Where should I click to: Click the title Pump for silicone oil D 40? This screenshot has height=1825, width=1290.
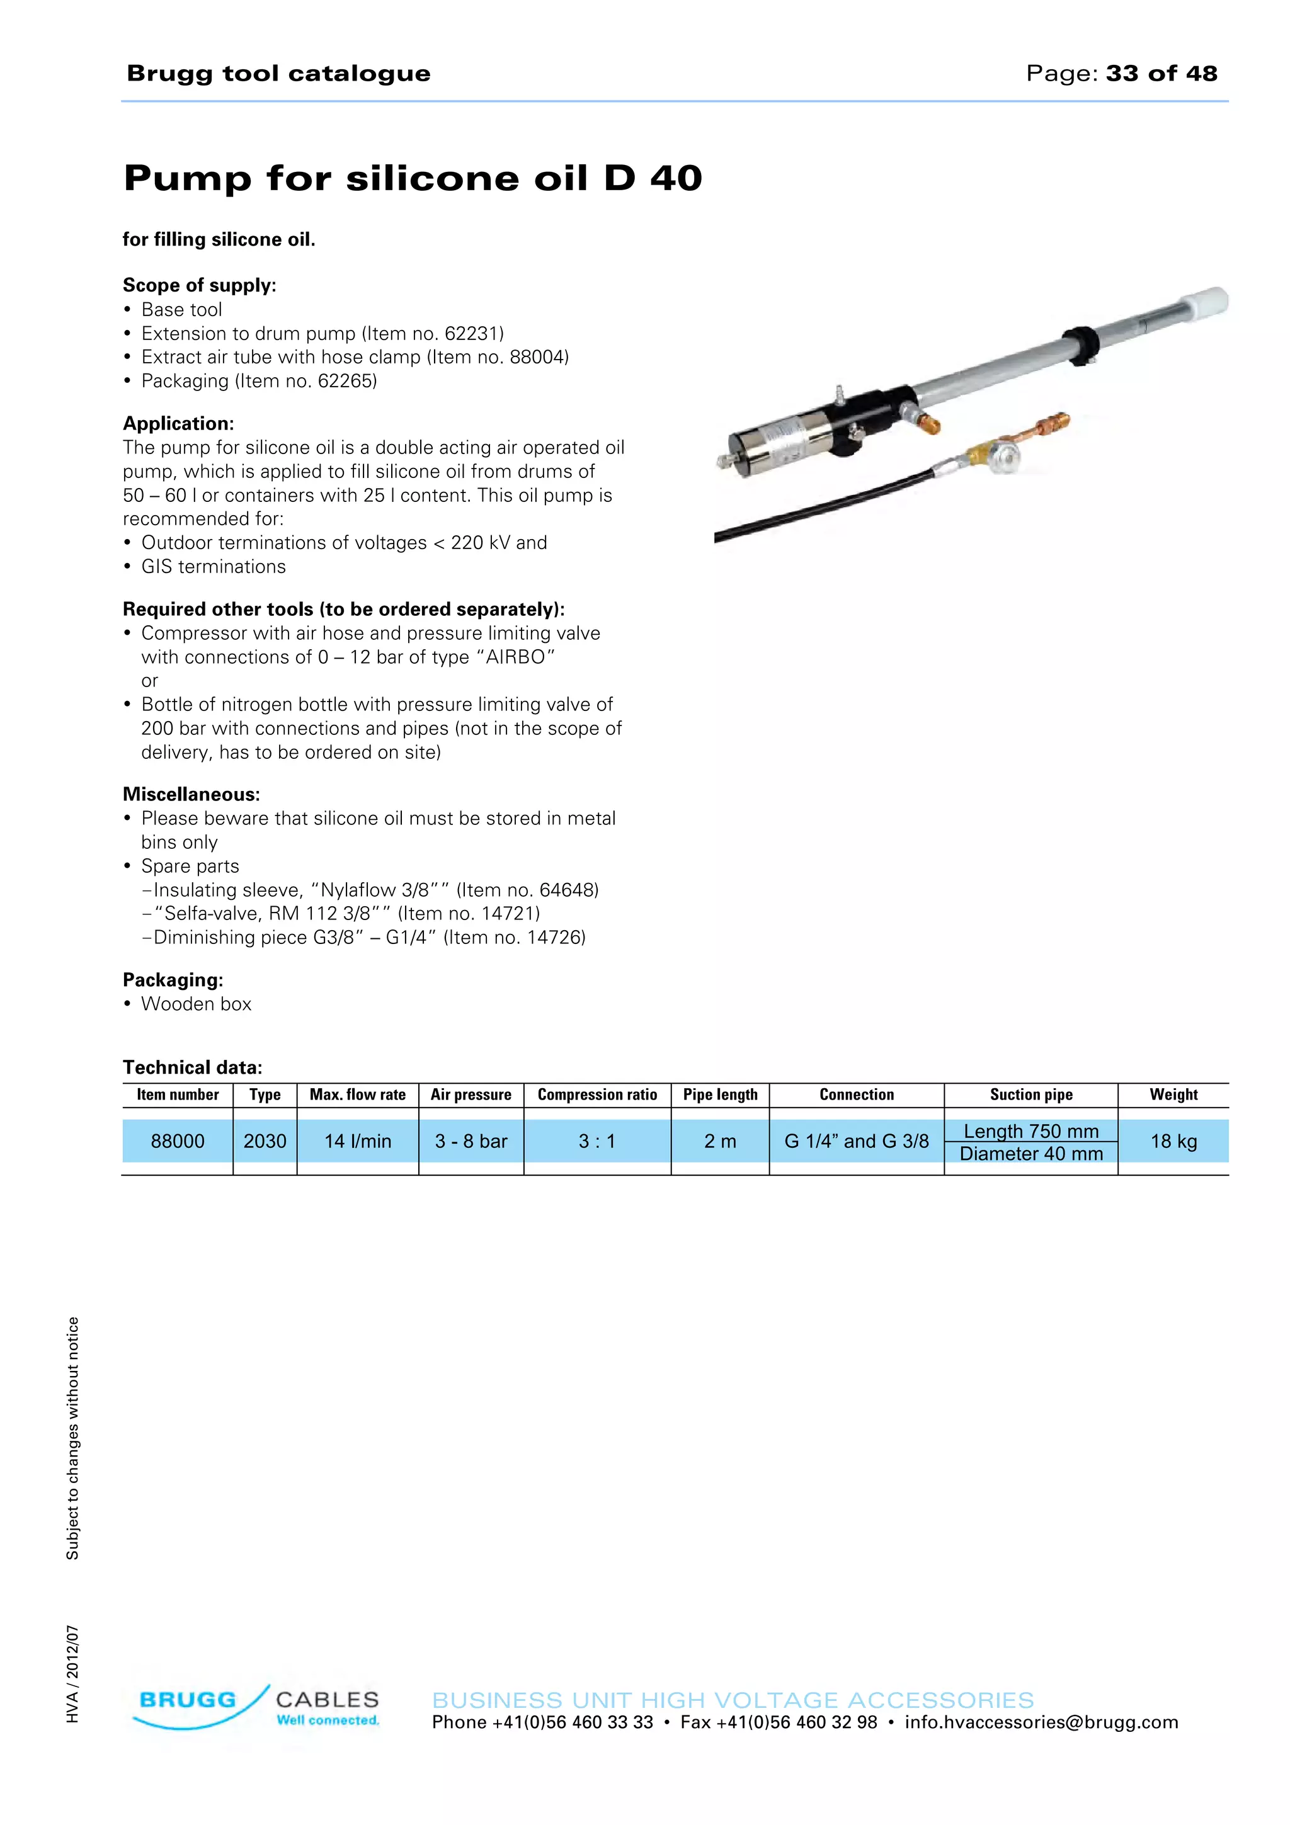tap(413, 177)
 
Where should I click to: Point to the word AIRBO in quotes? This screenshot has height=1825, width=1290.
tap(516, 657)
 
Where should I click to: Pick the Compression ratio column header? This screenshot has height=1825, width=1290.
tap(597, 1094)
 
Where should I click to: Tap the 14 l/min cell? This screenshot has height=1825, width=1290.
tap(358, 1142)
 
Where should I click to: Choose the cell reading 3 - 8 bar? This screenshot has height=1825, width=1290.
tap(471, 1142)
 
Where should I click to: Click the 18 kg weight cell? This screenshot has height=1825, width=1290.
tap(1173, 1142)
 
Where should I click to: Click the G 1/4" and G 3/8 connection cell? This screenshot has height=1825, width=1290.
tap(856, 1142)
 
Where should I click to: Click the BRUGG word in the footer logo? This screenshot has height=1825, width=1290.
tap(188, 1700)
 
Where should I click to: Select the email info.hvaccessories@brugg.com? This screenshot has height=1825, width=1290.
tap(1041, 1722)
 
